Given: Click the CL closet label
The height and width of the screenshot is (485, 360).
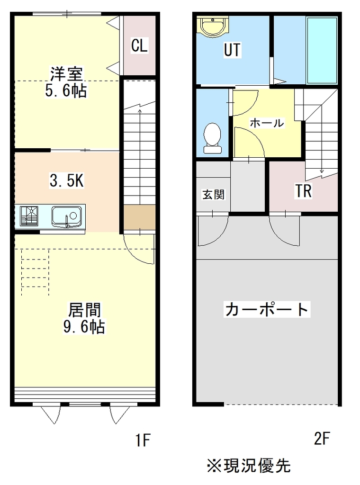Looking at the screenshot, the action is (x=139, y=45).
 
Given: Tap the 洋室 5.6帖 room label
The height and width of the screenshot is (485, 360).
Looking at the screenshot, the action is (x=66, y=82).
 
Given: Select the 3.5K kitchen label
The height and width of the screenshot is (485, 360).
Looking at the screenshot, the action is (x=67, y=180).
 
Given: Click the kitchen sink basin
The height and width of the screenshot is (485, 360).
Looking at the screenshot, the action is (x=66, y=216).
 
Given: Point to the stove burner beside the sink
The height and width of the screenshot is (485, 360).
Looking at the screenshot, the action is (x=29, y=216).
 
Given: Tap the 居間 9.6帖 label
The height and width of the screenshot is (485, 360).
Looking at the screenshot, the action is (x=84, y=318).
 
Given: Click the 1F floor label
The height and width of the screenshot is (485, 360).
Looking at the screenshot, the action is (x=143, y=440).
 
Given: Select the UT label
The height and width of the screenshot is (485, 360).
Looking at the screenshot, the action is (x=232, y=50).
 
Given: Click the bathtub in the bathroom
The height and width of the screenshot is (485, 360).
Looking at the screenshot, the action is (x=322, y=50).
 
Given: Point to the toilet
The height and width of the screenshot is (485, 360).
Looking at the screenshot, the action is (x=213, y=138).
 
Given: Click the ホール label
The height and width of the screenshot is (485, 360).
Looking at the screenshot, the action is (x=267, y=123).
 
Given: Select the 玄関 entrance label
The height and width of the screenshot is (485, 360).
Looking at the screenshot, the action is (x=214, y=195).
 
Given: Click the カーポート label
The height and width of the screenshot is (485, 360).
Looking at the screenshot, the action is (x=267, y=309).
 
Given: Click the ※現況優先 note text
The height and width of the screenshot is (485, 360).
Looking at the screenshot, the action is (x=249, y=466).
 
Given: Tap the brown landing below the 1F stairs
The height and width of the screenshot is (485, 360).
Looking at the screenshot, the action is (x=139, y=217).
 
